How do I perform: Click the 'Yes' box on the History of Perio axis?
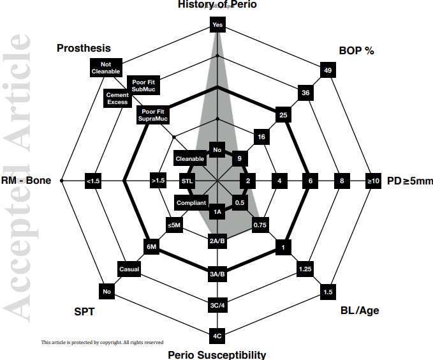coord(217,26)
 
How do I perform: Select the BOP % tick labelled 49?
coord(328,70)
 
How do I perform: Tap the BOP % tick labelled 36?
coord(305,93)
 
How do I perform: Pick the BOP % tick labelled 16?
coord(261,137)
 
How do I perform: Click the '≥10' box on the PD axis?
coord(373,181)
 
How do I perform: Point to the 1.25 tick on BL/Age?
coord(304,270)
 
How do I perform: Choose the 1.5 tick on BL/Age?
coord(327,292)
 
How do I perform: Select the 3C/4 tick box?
coord(217,305)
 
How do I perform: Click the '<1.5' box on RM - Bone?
coord(93,181)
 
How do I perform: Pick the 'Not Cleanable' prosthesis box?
coord(106,67)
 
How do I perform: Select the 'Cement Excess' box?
coord(117,98)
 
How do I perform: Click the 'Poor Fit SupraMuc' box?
coord(152,116)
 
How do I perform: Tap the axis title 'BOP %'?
coord(356,50)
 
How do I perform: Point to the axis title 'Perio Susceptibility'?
coord(217,354)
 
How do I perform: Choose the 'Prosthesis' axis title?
coord(83,48)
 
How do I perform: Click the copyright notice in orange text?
coord(103,343)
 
